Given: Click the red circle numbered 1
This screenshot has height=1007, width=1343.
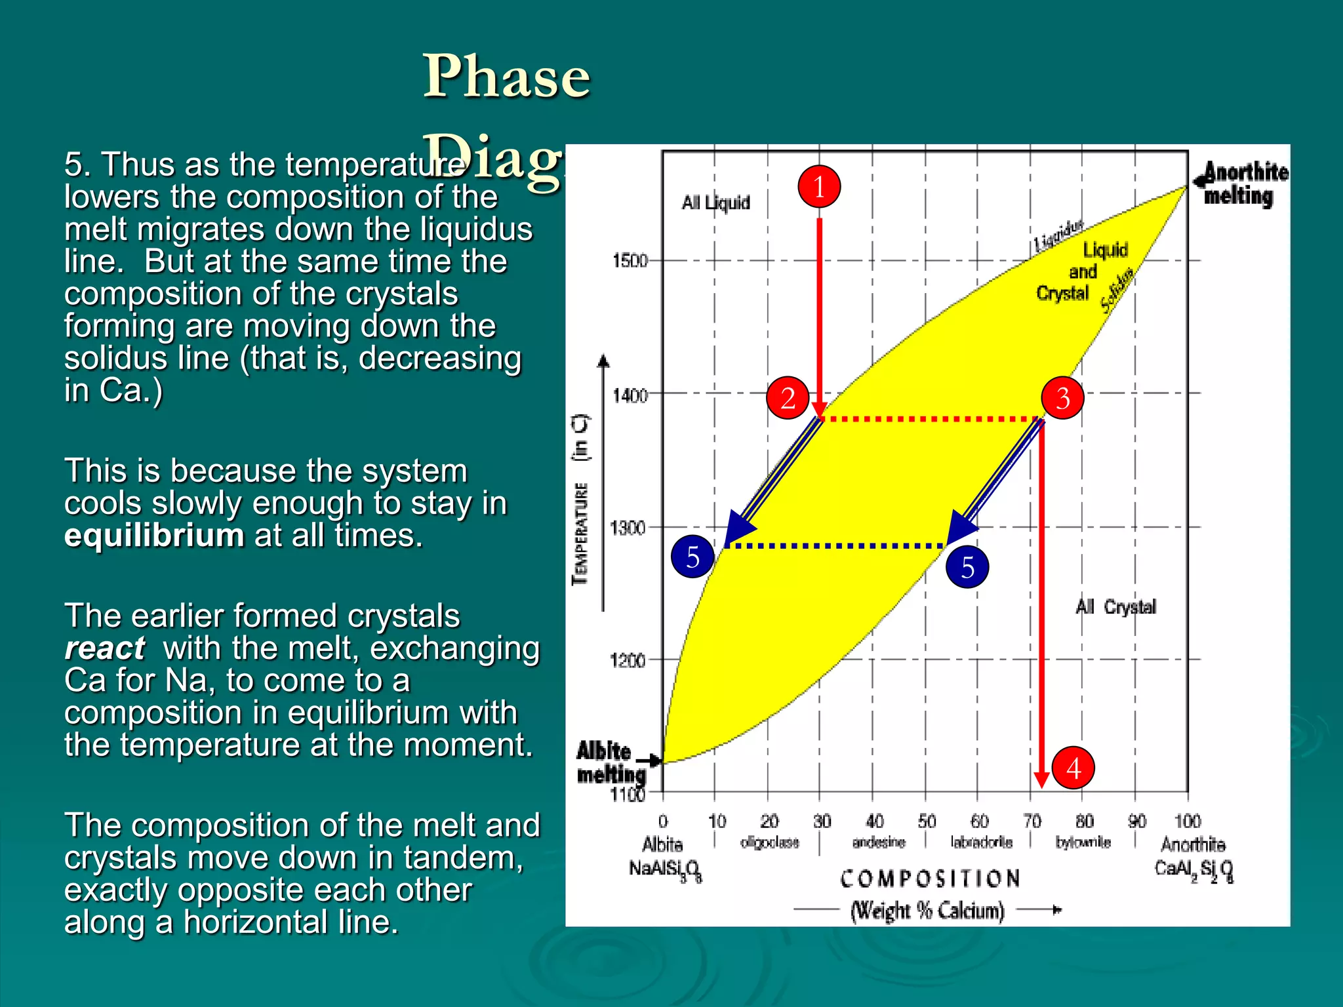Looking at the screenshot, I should pos(819,187).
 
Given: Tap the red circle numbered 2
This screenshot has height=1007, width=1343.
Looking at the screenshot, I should pos(788,398).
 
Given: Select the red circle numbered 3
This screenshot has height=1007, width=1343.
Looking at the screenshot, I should pos(1062,398).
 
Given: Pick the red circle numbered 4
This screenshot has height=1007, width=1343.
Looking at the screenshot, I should pos(1073,768).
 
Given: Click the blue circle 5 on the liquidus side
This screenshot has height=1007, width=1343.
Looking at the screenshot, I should pos(692,557).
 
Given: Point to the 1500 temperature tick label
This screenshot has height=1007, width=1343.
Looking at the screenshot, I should pos(630,261).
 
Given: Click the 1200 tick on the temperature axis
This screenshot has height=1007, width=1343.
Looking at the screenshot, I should pos(628,660).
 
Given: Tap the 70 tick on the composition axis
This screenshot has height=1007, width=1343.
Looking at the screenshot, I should pos(1032,821).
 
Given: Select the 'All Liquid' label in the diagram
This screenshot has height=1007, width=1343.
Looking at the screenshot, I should pos(715,203).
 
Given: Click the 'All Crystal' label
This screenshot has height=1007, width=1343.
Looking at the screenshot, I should pos(1115,607).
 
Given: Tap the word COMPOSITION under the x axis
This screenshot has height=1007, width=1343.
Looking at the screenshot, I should pos(930,879).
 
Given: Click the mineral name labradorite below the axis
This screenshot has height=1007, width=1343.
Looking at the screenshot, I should pos(982,842).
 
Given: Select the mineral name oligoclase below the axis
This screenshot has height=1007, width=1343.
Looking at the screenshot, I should pos(770,842).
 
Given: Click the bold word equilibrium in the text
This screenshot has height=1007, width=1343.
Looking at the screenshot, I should pos(154,536).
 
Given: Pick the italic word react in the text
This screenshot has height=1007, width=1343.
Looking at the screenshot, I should pos(105,648).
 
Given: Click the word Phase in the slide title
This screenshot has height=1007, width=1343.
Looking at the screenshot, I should pos(506,77).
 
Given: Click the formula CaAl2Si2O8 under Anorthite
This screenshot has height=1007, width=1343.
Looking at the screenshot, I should pos(1193,870).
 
